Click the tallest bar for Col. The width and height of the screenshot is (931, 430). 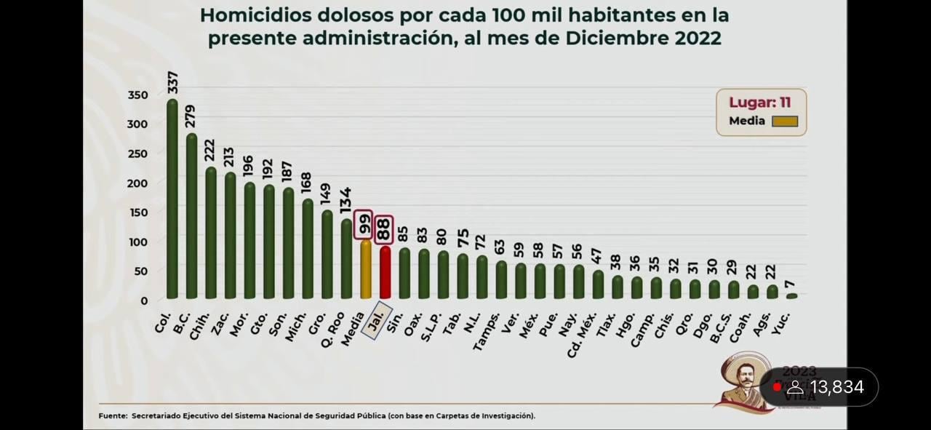click(172, 200)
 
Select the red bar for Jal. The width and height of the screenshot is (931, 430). click(385, 273)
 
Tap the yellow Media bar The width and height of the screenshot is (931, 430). click(366, 269)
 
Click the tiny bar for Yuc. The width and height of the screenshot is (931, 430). click(791, 296)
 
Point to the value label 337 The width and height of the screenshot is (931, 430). click(172, 82)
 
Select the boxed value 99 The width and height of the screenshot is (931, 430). click(364, 225)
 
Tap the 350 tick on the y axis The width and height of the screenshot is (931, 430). click(137, 95)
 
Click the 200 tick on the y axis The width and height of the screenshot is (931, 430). click(137, 183)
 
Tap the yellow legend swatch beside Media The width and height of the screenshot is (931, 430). click(784, 122)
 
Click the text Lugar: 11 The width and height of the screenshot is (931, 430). click(759, 103)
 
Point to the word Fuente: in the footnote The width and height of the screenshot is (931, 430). click(113, 416)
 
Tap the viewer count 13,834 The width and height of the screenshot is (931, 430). click(836, 387)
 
